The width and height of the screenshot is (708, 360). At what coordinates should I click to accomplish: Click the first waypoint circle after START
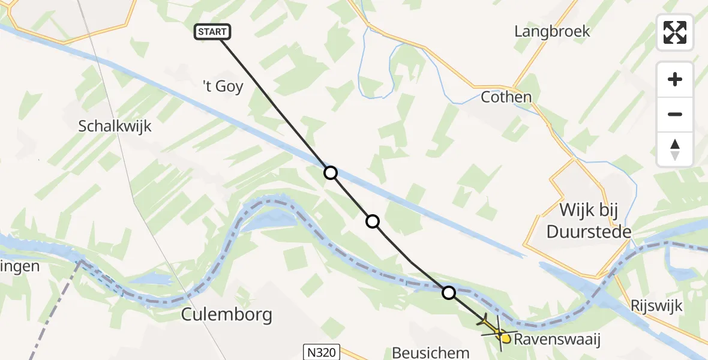[331, 173]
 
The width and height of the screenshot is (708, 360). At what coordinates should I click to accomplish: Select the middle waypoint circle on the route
[373, 221]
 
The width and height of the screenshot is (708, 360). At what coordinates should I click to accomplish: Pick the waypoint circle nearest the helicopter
[449, 293]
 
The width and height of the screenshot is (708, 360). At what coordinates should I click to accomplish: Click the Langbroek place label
[552, 31]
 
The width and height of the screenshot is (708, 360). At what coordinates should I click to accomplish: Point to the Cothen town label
[506, 97]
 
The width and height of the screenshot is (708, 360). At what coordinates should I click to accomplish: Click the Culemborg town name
[227, 314]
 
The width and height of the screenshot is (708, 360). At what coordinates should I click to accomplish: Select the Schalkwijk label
[115, 127]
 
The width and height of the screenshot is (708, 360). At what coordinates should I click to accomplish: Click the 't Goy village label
[222, 86]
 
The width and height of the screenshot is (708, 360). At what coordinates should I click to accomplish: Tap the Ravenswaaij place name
[557, 340]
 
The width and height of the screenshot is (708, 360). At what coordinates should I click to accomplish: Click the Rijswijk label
[657, 305]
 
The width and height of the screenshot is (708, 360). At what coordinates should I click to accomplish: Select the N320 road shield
[322, 351]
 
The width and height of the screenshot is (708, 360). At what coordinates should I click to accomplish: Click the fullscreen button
[675, 32]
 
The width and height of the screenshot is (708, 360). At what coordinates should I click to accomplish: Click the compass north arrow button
[675, 149]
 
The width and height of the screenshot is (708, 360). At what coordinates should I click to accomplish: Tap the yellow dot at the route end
[506, 339]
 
